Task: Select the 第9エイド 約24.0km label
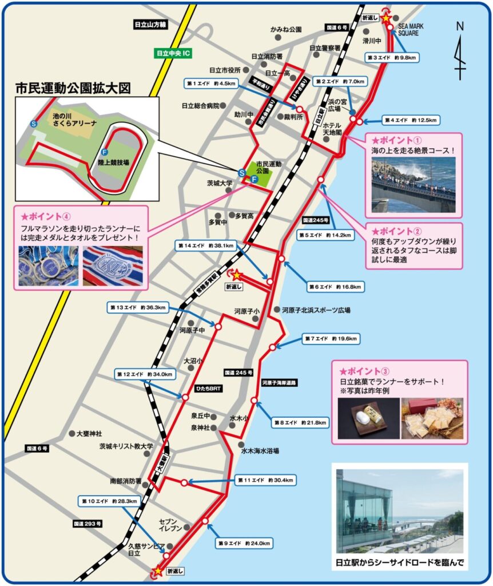point(244,542)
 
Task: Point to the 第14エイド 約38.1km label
point(206,246)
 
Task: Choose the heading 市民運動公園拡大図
point(73,89)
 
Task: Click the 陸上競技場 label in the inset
point(113,163)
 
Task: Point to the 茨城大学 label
point(220,184)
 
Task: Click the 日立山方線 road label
point(149,25)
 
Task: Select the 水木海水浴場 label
point(260,451)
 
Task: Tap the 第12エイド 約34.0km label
point(145,374)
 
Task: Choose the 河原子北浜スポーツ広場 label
point(316,310)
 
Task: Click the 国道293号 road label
point(87,524)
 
